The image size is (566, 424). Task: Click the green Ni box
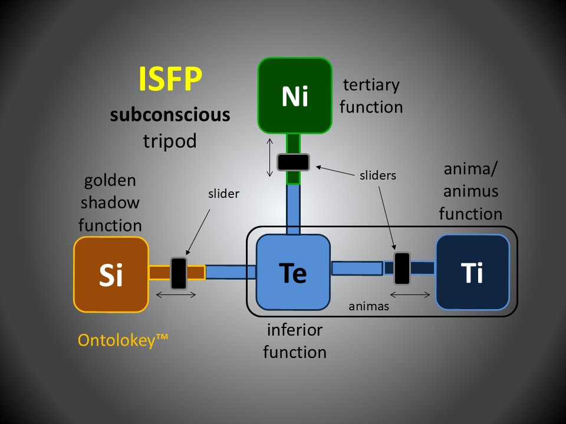pos(295,95)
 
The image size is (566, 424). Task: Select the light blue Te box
pos(292,272)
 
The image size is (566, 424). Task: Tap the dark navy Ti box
pos(472,272)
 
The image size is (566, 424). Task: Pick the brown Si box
pos(110,274)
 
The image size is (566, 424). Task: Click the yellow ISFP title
pos(170,79)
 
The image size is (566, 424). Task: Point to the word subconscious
pos(170,114)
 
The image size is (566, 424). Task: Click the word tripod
pos(170,141)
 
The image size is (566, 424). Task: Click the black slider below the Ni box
pos(293,161)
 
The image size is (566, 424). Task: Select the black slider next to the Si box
pos(179,273)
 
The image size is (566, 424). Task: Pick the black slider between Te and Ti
pos(402,269)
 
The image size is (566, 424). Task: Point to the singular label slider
pos(224,193)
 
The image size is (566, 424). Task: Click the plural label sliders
pos(377,175)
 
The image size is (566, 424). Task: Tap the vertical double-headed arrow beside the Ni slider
pos(269,157)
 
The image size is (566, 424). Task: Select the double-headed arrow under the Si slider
pos(175,296)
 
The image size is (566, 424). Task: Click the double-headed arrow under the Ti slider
pos(410,294)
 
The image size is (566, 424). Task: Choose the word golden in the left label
pos(110,180)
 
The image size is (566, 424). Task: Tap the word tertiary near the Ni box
pos(371,85)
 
